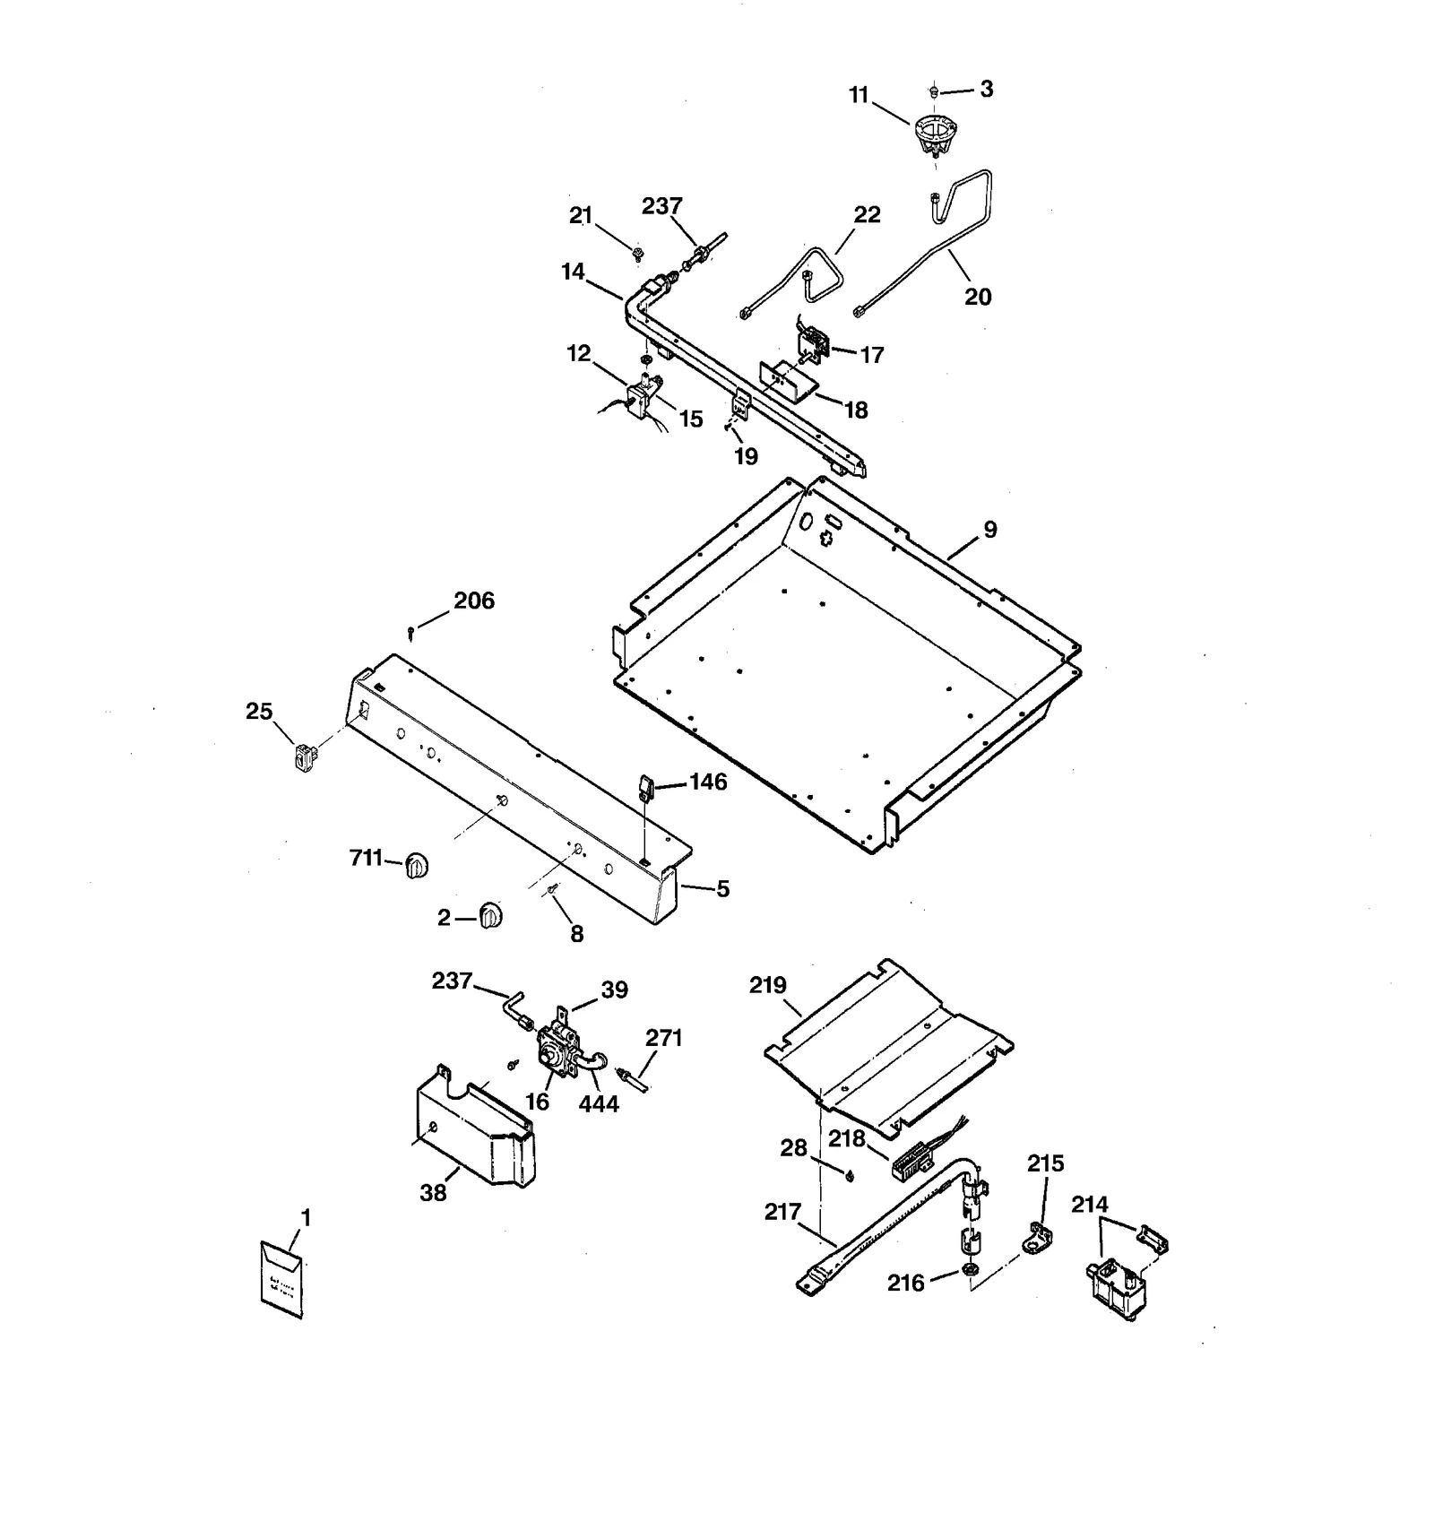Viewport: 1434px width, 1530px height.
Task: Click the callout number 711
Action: click(366, 859)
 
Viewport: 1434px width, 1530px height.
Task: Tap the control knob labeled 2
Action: click(490, 916)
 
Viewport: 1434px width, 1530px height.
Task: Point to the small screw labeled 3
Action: click(934, 90)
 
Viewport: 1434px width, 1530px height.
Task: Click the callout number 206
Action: click(473, 601)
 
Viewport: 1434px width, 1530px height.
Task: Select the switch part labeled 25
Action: click(306, 758)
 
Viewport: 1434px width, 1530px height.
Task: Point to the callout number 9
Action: click(990, 530)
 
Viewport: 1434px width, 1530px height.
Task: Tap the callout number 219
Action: click(768, 985)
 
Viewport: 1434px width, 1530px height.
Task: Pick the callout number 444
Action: click(599, 1103)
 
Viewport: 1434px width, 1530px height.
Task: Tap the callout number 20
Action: click(978, 297)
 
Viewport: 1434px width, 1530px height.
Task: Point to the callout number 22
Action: click(867, 215)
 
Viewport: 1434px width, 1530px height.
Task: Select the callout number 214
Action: click(1090, 1206)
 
